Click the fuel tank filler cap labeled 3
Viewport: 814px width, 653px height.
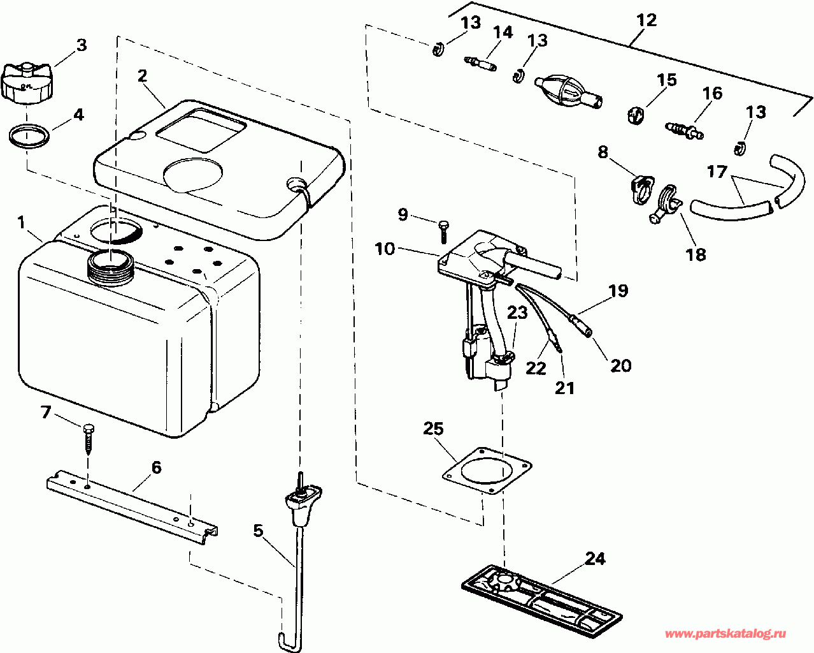tap(25, 82)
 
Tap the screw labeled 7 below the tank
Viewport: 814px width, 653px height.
tap(88, 439)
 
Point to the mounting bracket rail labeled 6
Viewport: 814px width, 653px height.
tap(132, 507)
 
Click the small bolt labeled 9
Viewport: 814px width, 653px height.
tap(443, 233)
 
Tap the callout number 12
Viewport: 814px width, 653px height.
tap(646, 20)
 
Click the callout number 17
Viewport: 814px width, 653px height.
tap(717, 172)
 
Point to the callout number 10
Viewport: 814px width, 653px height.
tap(385, 249)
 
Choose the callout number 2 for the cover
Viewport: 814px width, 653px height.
tap(142, 76)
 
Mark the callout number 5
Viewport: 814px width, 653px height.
tap(258, 531)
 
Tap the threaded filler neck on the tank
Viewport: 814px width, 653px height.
tap(111, 269)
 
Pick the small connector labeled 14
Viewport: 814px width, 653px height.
tap(480, 64)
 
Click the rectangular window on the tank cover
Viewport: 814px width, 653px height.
tap(201, 130)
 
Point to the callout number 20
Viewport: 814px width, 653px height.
tap(621, 365)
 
